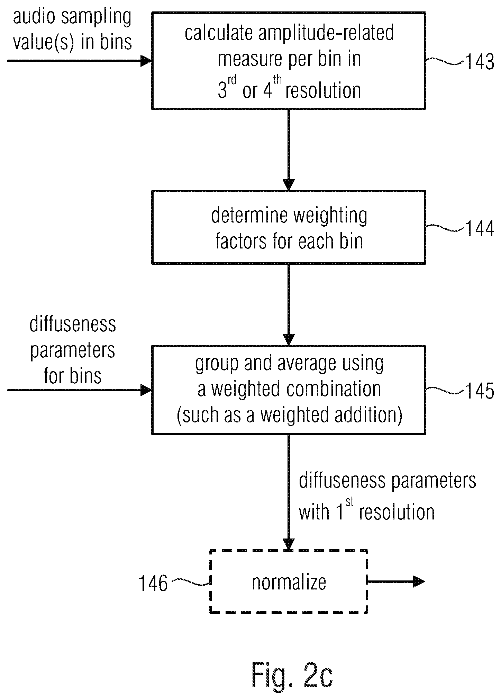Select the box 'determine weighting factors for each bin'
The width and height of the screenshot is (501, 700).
click(x=289, y=227)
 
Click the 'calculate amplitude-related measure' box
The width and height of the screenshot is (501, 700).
click(x=289, y=61)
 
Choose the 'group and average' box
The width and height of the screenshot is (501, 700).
click(x=289, y=390)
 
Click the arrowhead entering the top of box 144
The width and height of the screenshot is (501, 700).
click(x=289, y=185)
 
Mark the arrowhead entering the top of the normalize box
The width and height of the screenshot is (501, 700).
click(x=289, y=544)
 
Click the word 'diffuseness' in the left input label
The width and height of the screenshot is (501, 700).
click(x=73, y=324)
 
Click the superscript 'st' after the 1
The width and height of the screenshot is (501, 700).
click(x=349, y=502)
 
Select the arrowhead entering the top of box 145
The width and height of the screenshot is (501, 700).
click(x=289, y=340)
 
